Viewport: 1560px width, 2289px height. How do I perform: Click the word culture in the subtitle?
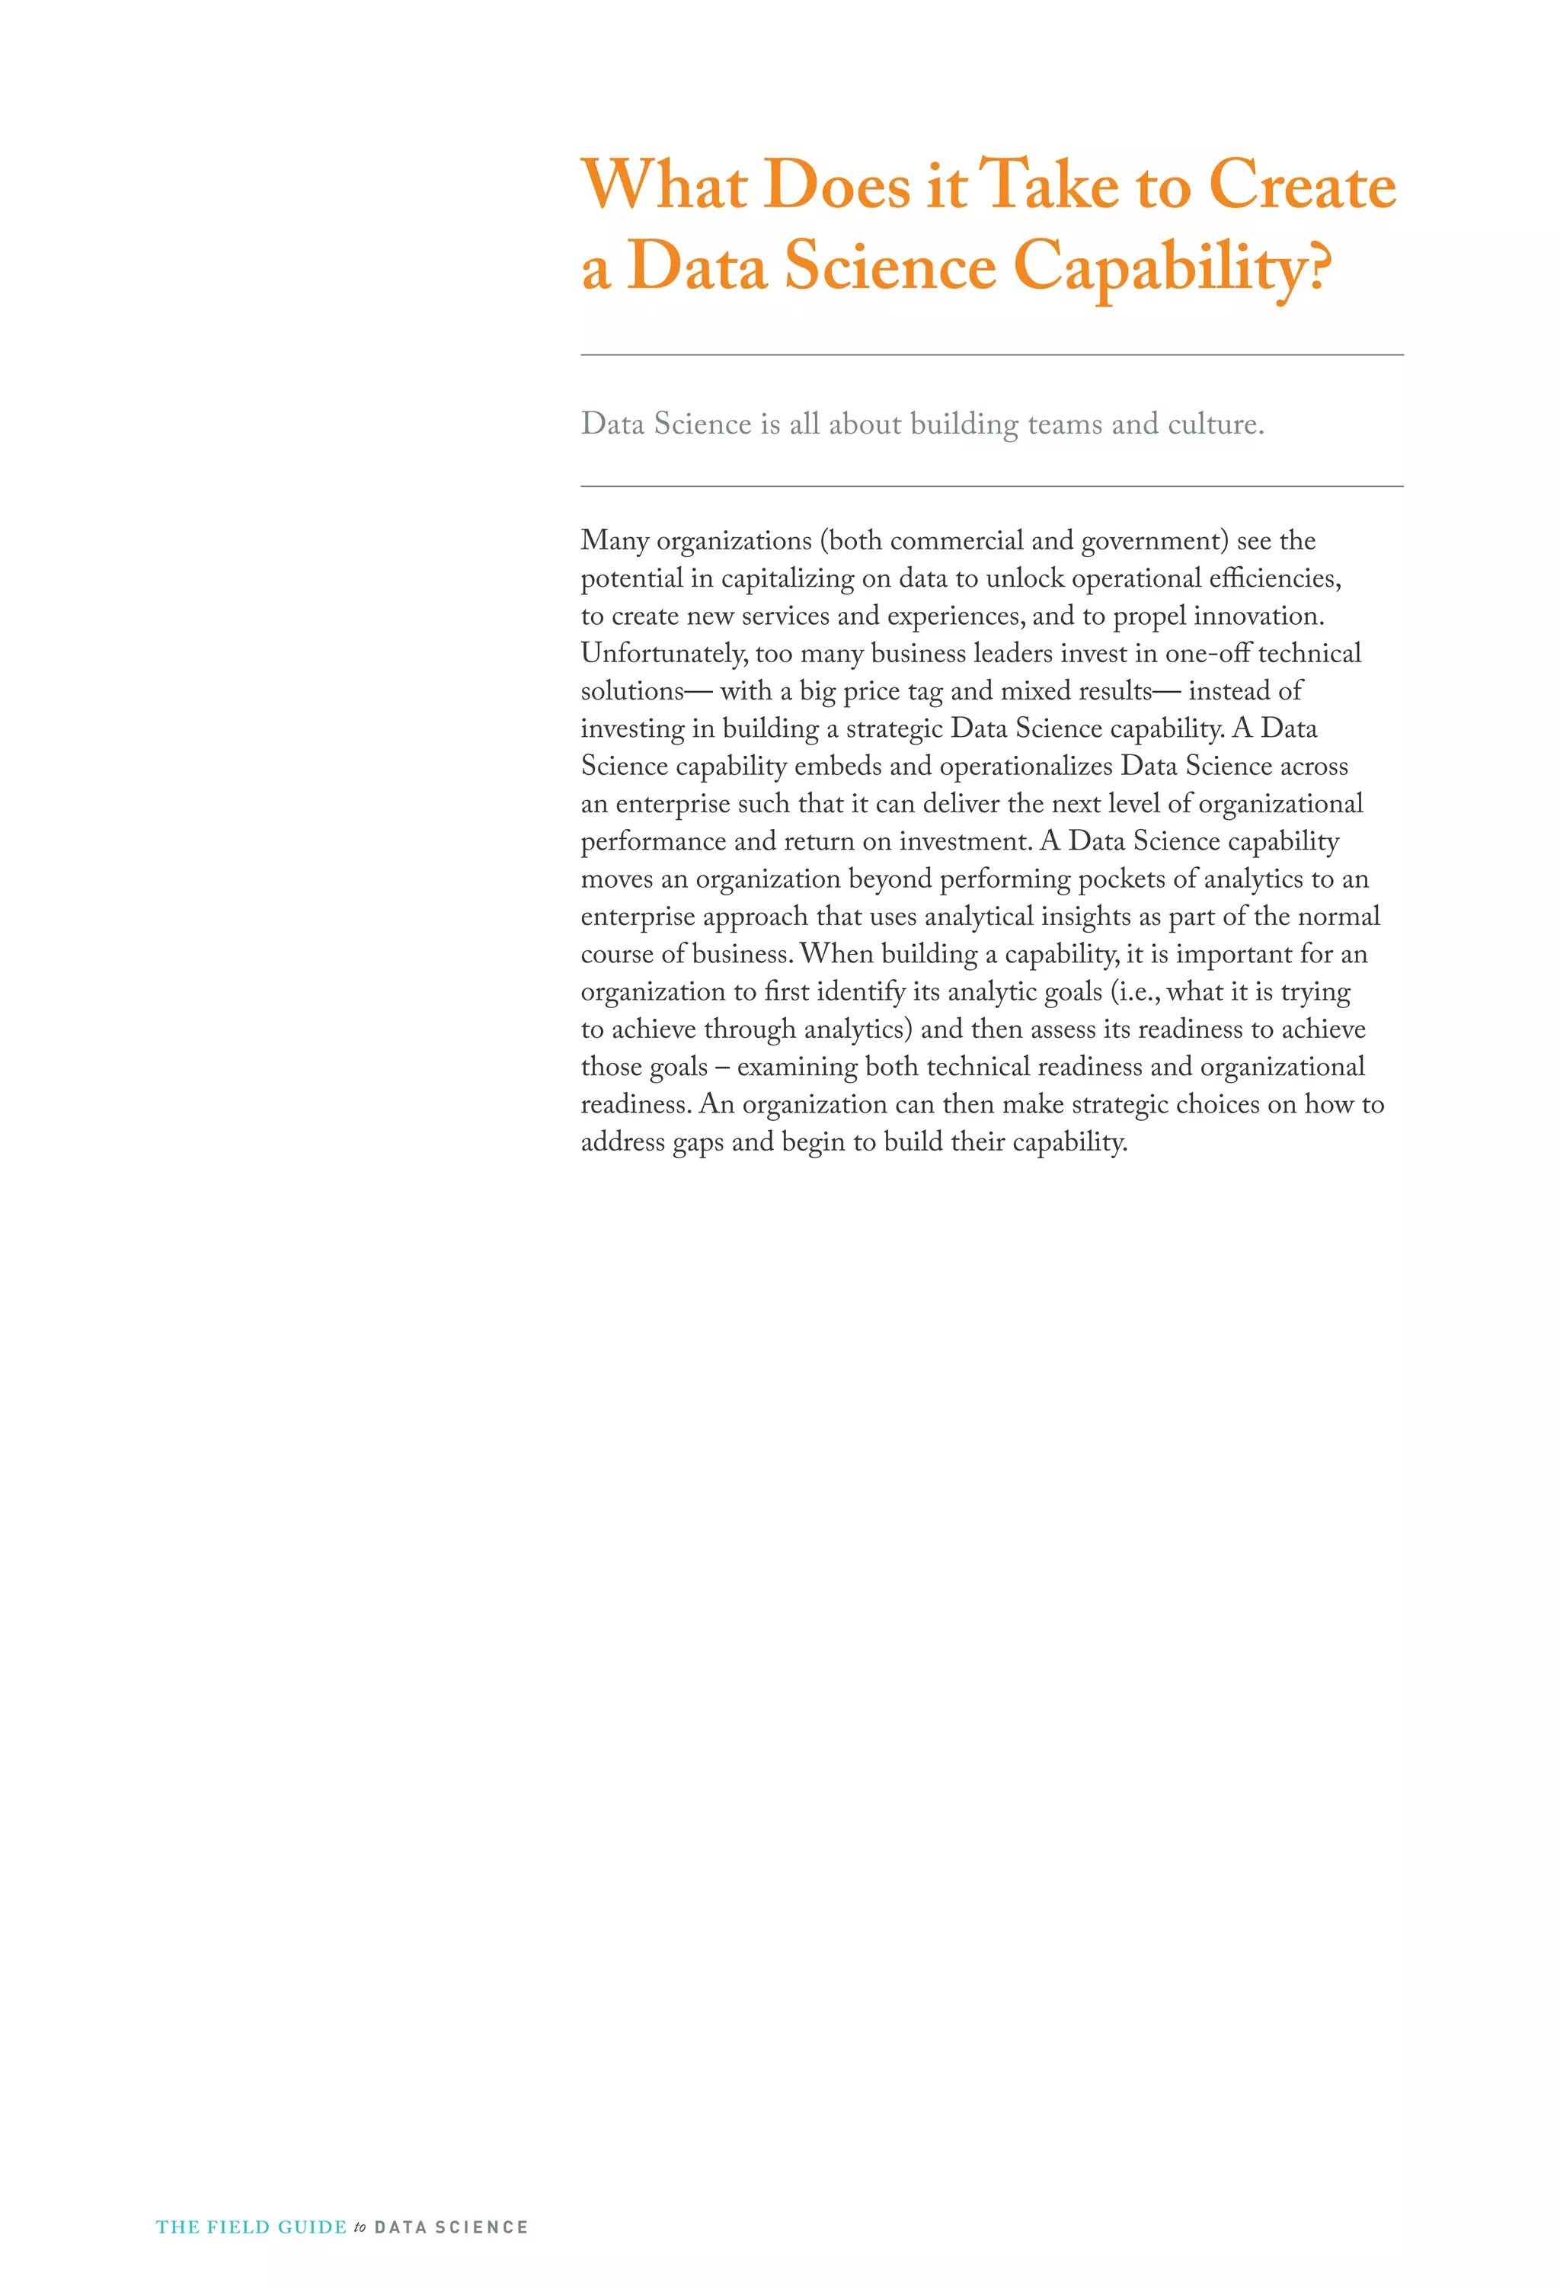pos(1213,424)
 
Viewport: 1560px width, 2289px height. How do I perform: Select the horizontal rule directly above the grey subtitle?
pos(991,354)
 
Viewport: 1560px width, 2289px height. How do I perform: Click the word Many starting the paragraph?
pos(613,541)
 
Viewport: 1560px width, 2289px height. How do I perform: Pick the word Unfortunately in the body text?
pos(663,654)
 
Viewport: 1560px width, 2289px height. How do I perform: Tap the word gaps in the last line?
pos(697,1142)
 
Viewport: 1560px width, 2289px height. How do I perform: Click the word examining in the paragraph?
pos(797,1068)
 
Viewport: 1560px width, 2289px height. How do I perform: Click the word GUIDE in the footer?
pos(312,2227)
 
